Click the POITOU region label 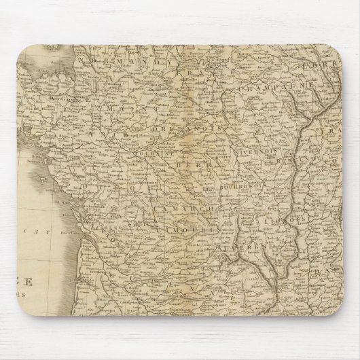[89, 185]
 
